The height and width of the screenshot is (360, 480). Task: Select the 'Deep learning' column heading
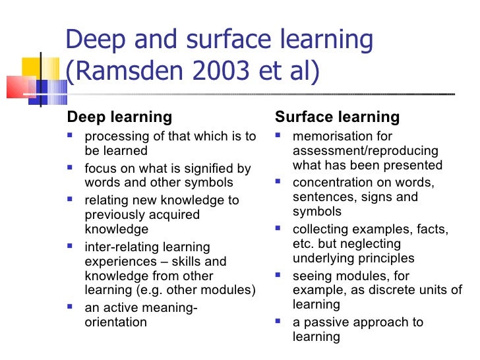(x=119, y=117)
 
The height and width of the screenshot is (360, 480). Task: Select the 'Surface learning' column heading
(x=337, y=117)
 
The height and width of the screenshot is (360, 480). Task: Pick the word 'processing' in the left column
(x=114, y=136)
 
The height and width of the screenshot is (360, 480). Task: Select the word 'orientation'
(x=116, y=322)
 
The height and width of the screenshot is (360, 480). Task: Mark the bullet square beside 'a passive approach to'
(x=278, y=322)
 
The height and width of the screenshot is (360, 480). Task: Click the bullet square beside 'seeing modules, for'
(x=278, y=276)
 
